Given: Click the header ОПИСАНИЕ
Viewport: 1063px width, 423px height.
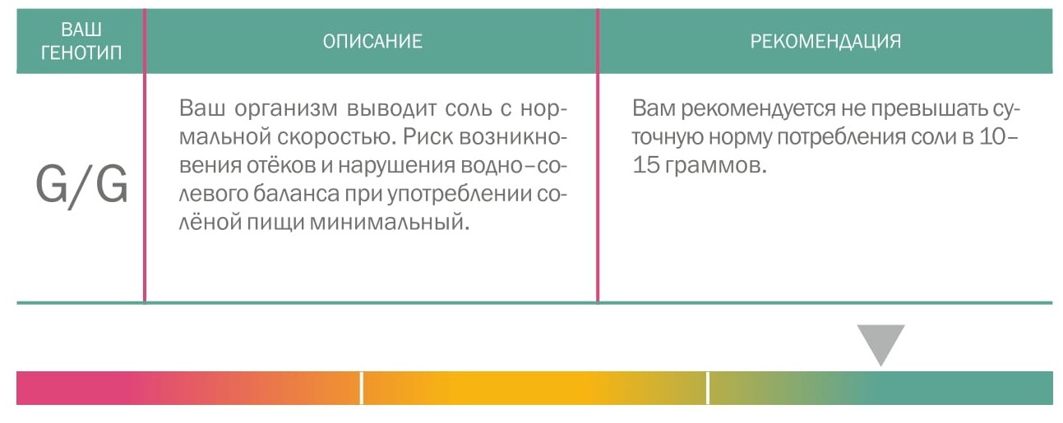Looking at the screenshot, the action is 372,41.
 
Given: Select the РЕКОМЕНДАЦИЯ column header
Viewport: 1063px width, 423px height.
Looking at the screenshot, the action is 825,41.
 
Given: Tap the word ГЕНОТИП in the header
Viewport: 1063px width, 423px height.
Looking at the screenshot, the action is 81,53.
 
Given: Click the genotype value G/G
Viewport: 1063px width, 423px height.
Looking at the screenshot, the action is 81,186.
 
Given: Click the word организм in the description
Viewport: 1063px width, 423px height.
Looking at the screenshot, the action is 285,108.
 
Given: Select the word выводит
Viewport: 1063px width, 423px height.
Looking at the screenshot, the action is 391,108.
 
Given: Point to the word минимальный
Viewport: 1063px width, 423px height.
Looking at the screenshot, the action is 389,223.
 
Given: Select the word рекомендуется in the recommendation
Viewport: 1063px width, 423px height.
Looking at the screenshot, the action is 758,109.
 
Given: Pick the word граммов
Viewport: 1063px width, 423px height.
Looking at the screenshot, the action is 715,167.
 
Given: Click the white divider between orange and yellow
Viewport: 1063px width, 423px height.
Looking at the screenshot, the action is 362,388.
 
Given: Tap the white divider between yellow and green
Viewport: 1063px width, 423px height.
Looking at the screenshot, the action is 708,388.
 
